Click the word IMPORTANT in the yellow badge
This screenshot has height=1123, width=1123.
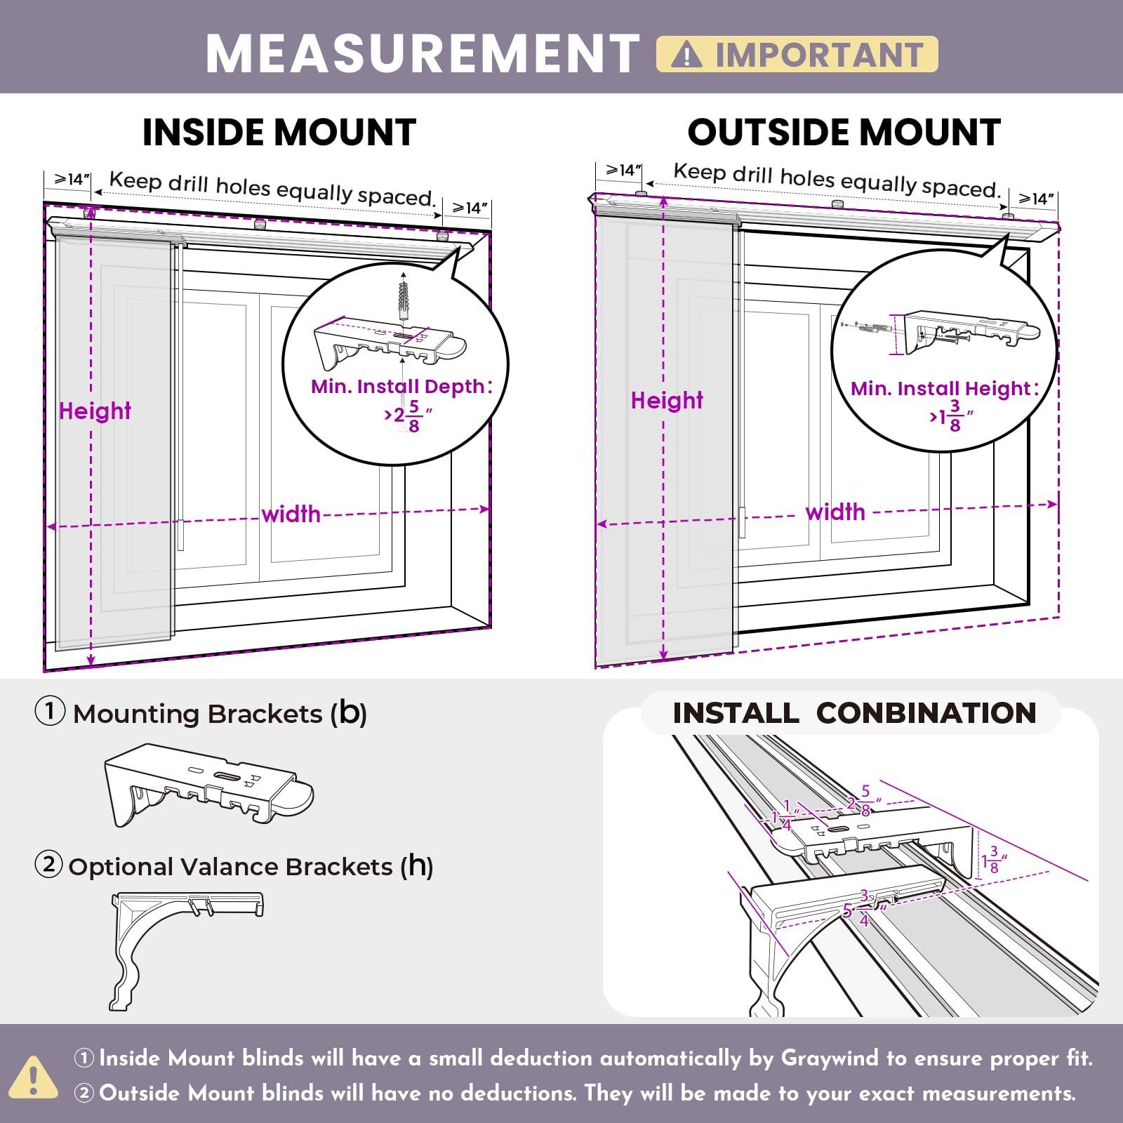818,55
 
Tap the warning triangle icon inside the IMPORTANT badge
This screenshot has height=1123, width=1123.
686,55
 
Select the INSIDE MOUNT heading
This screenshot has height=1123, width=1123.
279,132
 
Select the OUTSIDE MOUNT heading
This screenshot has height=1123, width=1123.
844,132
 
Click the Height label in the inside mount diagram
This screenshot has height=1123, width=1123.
95,411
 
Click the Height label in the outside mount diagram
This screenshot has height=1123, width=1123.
667,400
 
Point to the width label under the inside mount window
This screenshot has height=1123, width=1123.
291,514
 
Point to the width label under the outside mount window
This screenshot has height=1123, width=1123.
835,512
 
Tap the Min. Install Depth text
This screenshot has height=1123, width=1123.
401,386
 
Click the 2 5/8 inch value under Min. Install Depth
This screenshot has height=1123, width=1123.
407,416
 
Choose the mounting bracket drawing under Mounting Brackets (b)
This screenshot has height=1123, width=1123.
209,784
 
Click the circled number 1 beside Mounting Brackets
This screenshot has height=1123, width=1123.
50,712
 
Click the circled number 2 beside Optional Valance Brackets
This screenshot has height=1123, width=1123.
49,865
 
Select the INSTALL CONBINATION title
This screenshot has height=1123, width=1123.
854,713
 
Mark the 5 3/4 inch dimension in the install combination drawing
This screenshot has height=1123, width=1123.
861,909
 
